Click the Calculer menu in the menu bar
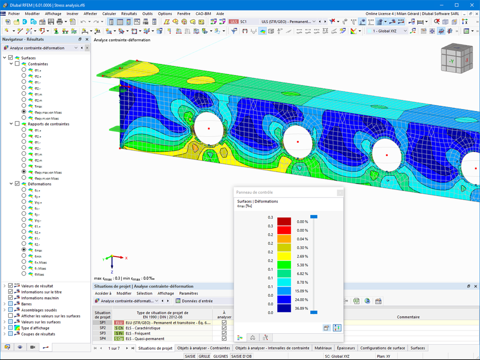[109, 14]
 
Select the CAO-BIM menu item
[204, 14]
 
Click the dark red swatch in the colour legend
[284, 222]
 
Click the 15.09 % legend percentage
[302, 291]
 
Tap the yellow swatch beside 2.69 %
[284, 256]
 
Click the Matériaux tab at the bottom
[323, 348]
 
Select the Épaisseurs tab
[346, 348]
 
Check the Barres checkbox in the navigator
[11, 304]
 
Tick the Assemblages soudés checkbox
[11, 310]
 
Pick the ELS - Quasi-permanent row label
[146, 339]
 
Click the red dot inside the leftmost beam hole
[209, 128]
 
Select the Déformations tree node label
[39, 184]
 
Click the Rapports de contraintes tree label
[48, 124]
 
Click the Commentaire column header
[408, 317]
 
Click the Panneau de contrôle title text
[254, 192]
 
